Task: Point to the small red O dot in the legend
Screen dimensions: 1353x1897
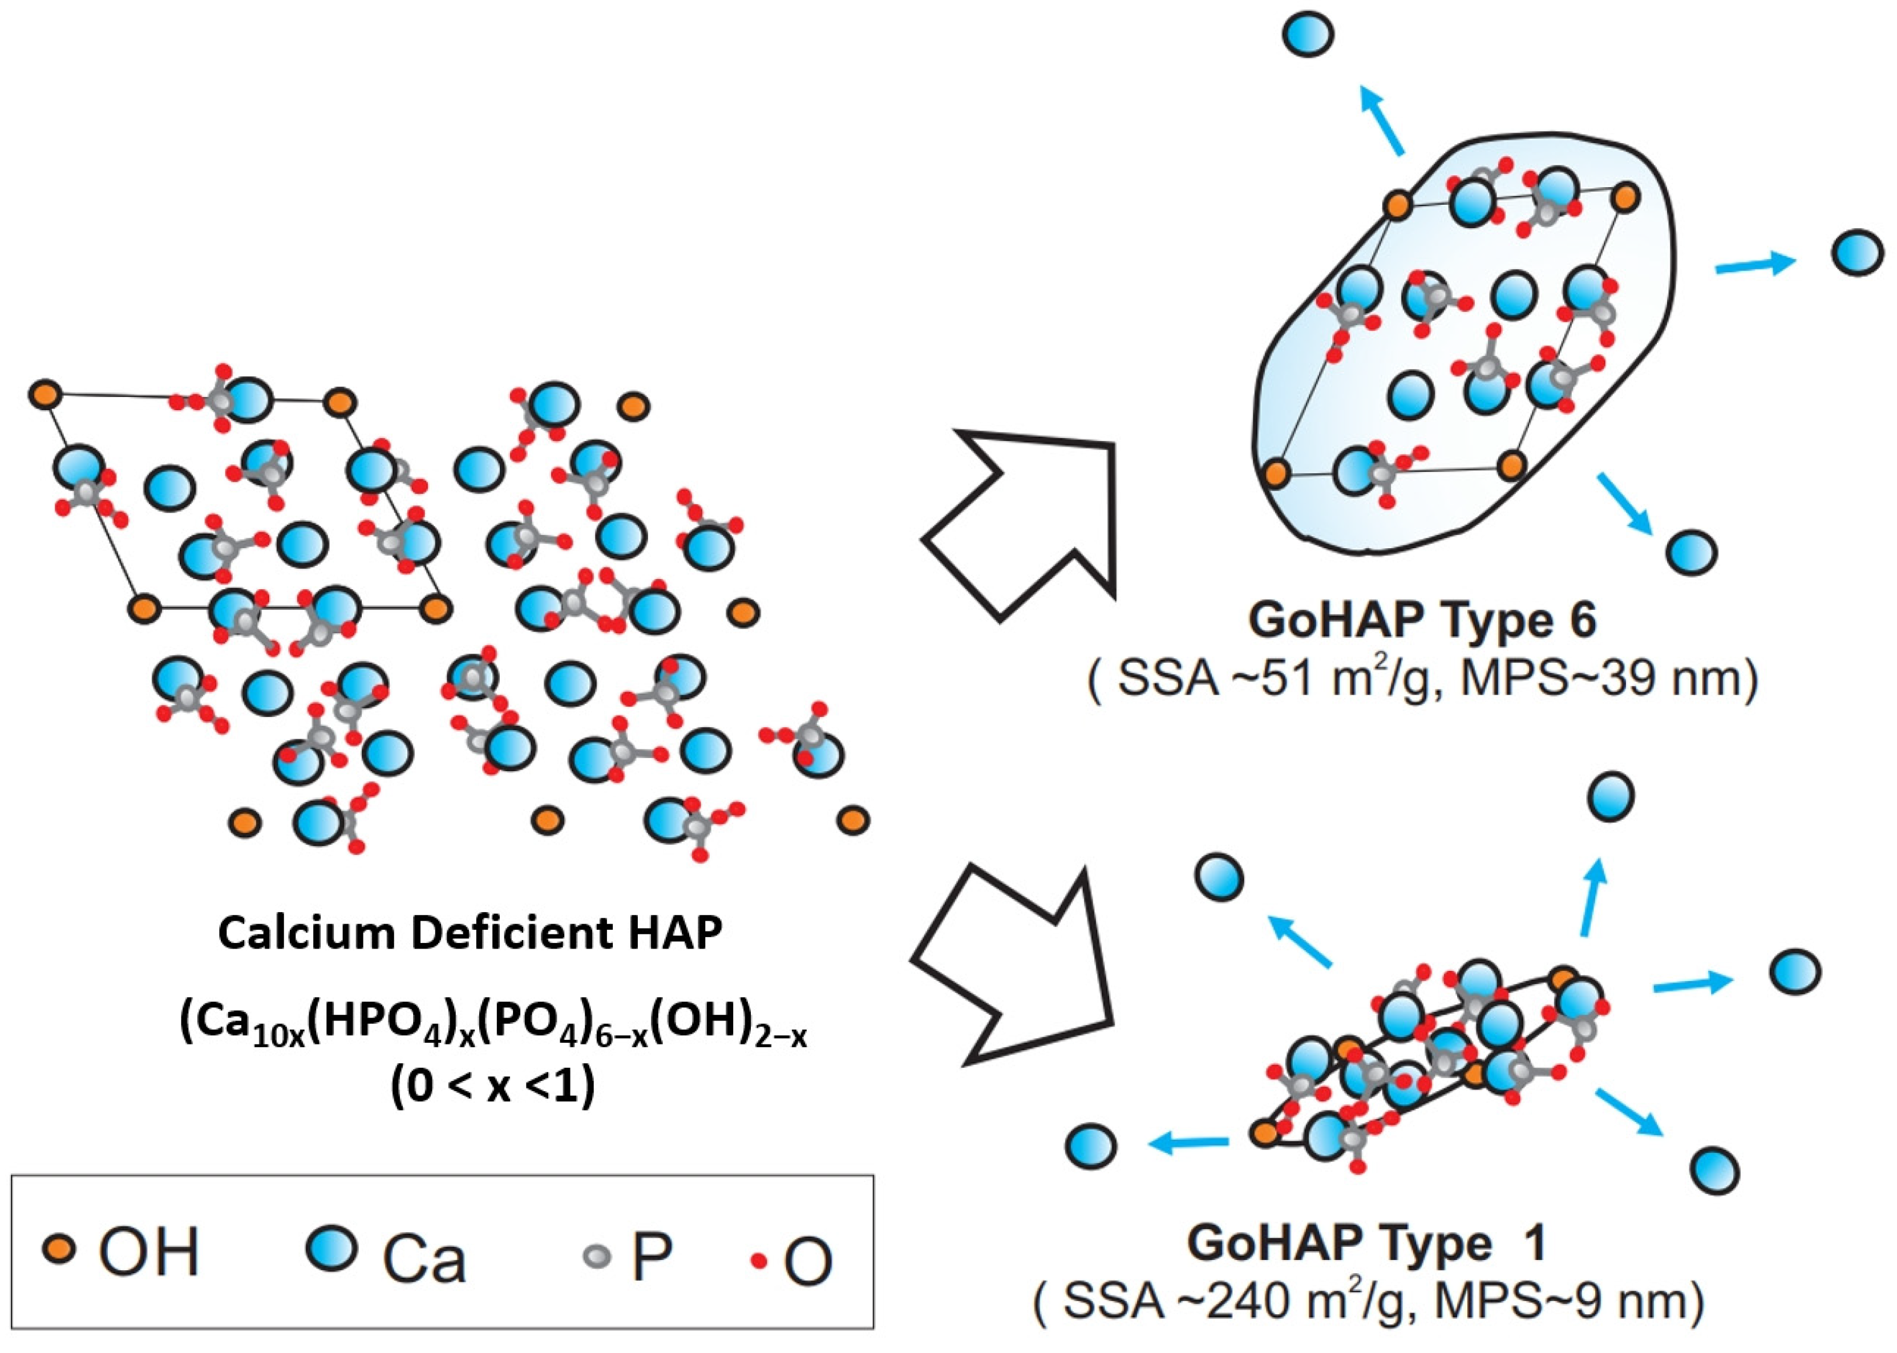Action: click(758, 1261)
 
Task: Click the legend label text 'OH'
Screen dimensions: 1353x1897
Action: click(148, 1251)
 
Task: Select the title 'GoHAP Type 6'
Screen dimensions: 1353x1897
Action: click(1421, 621)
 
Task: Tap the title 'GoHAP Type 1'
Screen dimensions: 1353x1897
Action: click(1367, 1242)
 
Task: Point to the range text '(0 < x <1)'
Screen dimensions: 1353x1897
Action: click(493, 1087)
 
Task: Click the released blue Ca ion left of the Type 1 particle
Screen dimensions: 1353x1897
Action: click(1090, 1145)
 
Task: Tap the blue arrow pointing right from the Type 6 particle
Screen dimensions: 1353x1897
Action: click(1754, 265)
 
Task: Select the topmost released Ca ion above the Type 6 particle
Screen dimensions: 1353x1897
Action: click(1308, 34)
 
